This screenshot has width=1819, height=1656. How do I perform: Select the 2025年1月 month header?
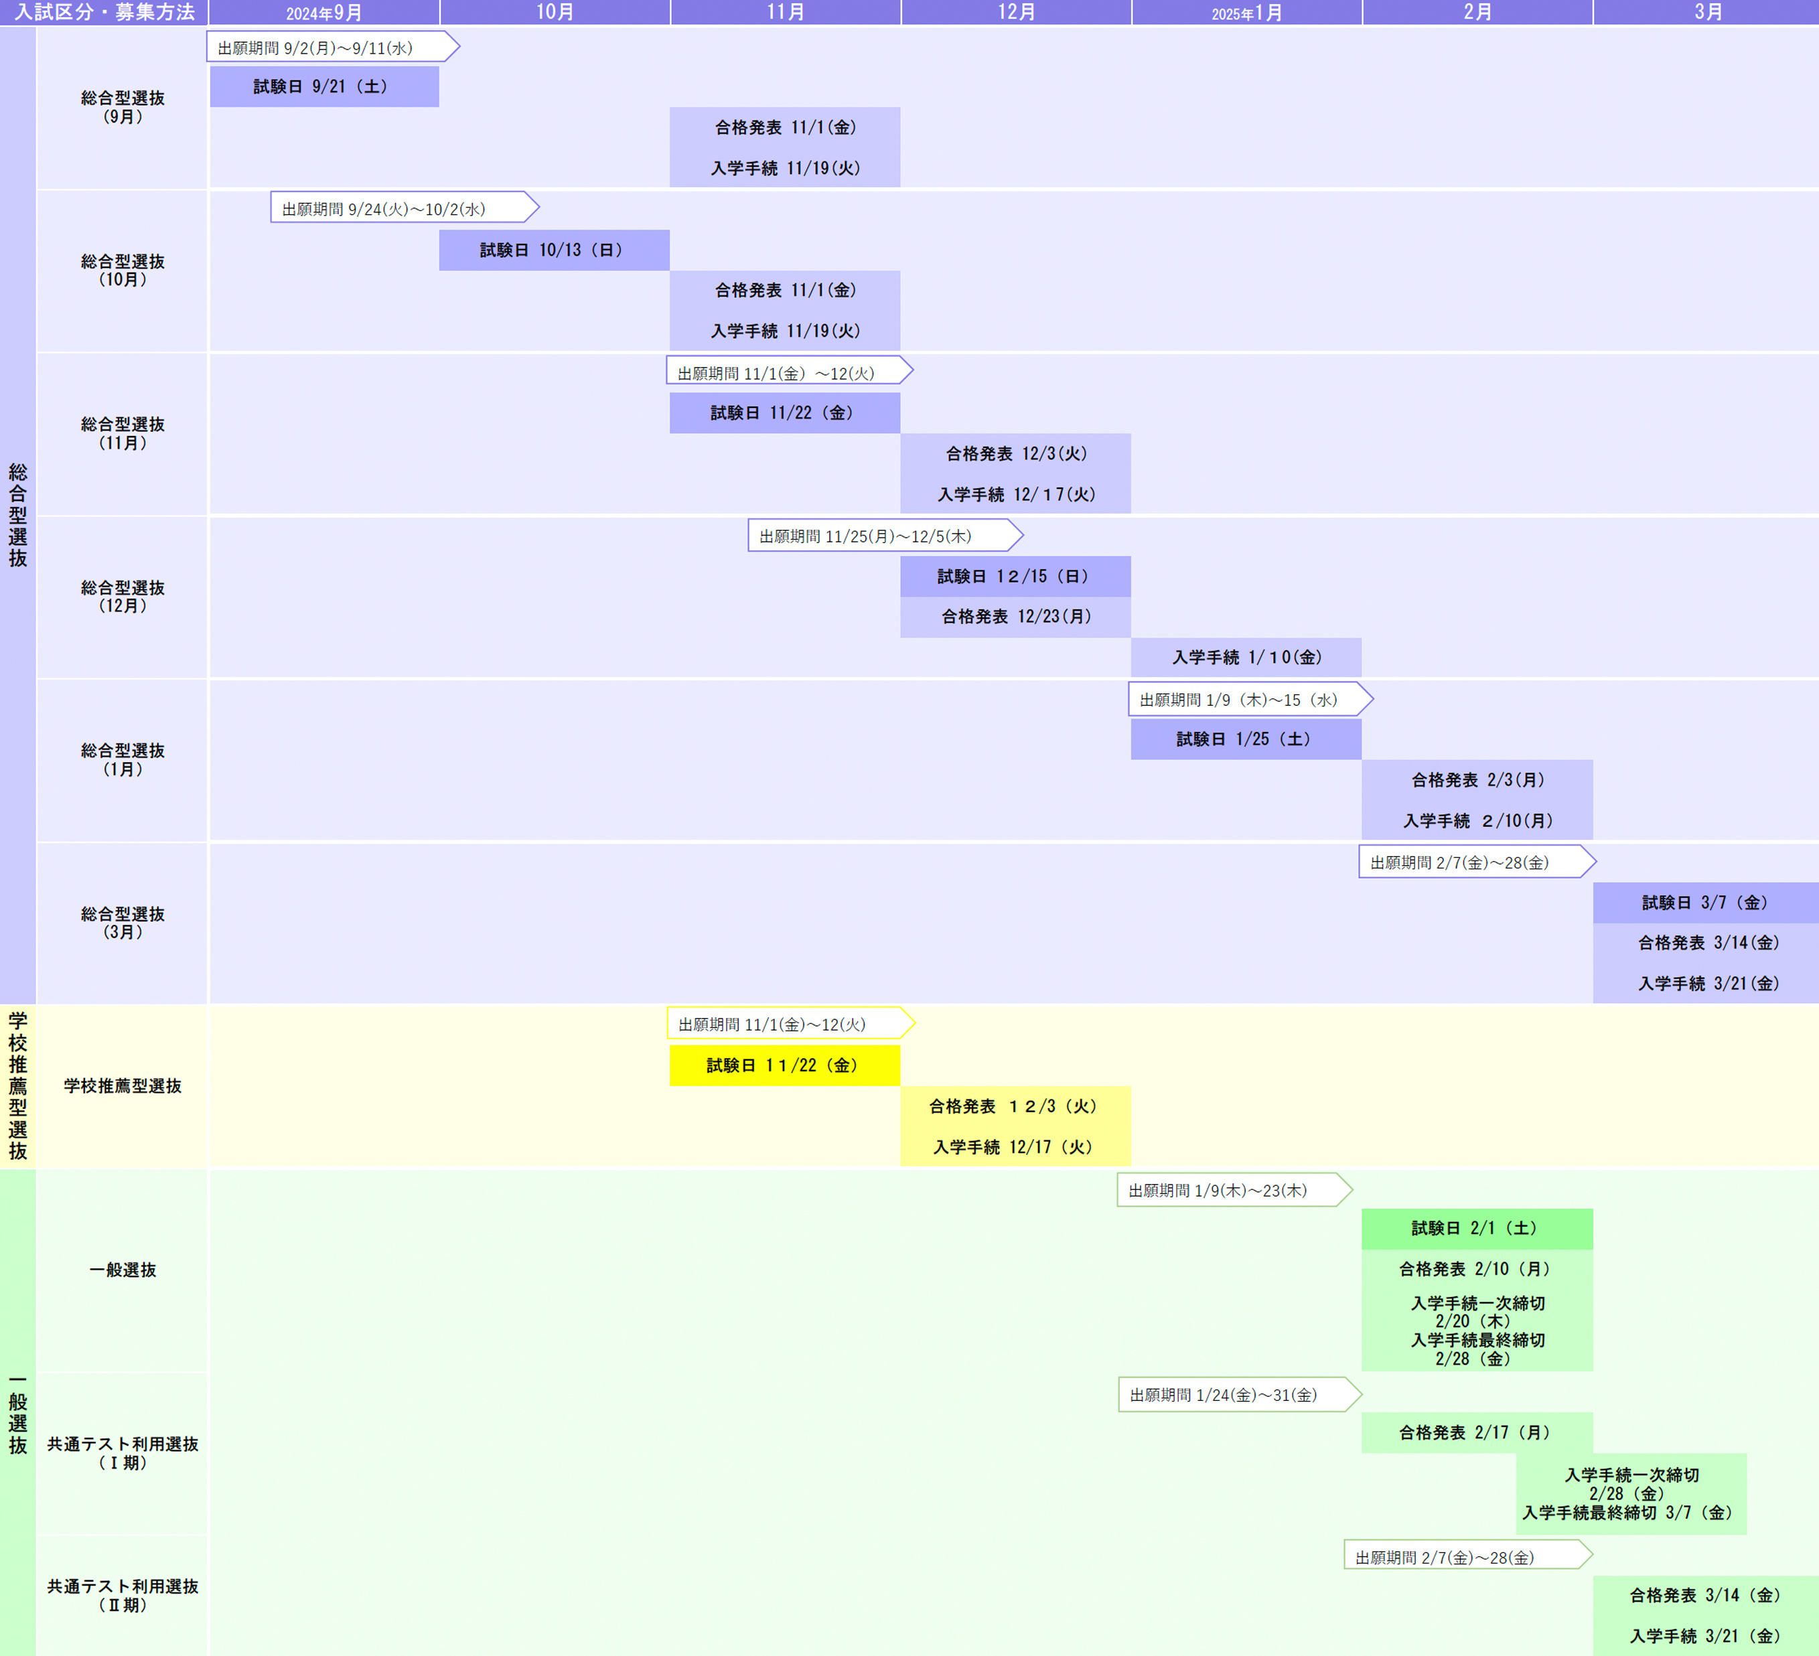(1246, 13)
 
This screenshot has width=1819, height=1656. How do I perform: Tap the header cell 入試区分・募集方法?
(104, 13)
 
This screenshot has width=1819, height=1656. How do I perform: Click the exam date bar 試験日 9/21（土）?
(324, 86)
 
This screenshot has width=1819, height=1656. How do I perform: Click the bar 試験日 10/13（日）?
(553, 250)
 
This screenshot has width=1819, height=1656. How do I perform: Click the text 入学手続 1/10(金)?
(1246, 658)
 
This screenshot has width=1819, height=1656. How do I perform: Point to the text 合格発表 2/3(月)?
(1477, 780)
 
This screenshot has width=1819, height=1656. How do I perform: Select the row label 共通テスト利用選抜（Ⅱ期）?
(123, 1594)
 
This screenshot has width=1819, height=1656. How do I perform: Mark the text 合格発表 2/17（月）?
(1476, 1432)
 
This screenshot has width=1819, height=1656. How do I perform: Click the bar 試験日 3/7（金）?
(1705, 903)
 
